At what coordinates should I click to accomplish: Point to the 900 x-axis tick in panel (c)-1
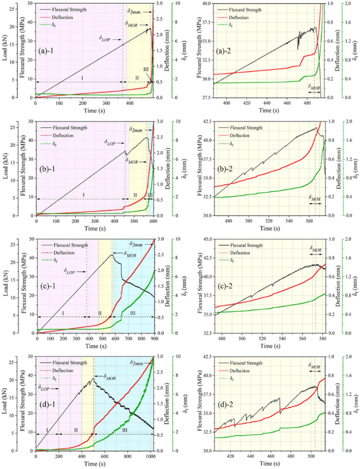coord(154,339)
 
